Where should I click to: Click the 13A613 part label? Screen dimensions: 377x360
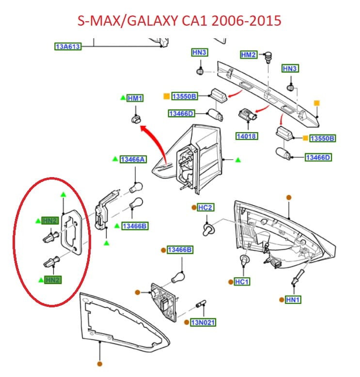67,46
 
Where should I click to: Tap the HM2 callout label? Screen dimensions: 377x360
248,55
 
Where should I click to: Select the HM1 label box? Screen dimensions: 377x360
135,99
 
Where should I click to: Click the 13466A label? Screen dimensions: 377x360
133,159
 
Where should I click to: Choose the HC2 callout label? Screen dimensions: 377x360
205,208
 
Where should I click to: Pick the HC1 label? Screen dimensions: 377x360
241,282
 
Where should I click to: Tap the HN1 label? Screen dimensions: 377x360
293,300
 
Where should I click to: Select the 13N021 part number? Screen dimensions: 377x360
203,322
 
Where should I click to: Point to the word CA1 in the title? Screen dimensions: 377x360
188,21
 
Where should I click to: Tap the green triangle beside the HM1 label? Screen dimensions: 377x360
123,98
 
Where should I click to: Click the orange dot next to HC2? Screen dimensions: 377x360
193,207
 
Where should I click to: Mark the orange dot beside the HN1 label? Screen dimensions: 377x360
281,300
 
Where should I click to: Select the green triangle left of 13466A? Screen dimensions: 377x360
115,159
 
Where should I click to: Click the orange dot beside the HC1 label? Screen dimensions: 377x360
229,282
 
